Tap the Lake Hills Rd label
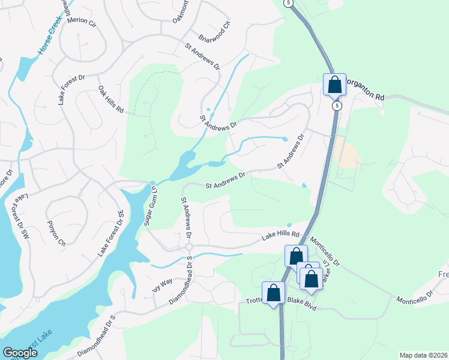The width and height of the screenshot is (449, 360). point(280,236)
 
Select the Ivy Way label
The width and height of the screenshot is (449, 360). point(162,284)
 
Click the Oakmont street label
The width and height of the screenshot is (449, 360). point(179,12)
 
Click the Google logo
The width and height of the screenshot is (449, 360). point(20,353)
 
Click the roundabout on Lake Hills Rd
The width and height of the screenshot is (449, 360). point(188,246)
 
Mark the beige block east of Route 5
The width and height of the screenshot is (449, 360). point(349,151)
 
